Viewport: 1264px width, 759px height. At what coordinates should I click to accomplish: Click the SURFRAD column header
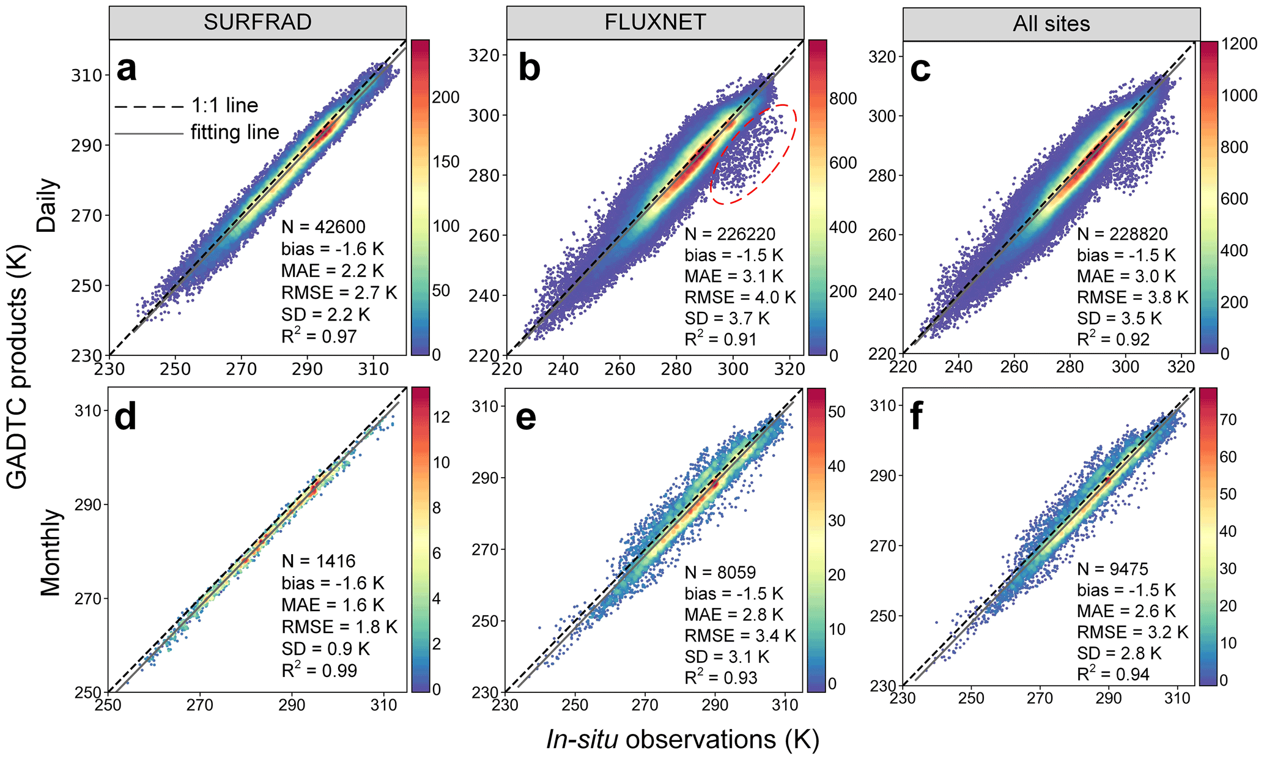(x=257, y=23)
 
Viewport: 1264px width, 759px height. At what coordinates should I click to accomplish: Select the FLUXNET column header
(x=655, y=23)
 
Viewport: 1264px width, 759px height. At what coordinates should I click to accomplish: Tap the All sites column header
(x=1051, y=24)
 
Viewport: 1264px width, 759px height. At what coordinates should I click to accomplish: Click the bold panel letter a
(x=127, y=69)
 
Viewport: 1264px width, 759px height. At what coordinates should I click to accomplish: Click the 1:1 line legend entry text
(x=224, y=106)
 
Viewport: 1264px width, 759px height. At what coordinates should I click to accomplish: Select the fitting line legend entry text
(x=235, y=132)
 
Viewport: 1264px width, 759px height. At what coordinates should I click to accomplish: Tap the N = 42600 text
(x=323, y=227)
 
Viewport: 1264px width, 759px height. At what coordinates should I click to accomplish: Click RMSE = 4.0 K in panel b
(x=740, y=297)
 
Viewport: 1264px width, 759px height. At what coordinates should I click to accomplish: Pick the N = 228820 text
(x=1122, y=234)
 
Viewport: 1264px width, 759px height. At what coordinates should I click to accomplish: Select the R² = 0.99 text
(x=319, y=670)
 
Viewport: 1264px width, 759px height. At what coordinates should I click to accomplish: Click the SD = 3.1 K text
(x=726, y=657)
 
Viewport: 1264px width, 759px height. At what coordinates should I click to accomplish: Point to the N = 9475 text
(x=1112, y=569)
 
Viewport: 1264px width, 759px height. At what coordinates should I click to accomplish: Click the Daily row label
(x=47, y=205)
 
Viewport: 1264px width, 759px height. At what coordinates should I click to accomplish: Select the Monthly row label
(x=51, y=552)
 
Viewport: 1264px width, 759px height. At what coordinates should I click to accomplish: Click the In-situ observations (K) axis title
(x=682, y=739)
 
